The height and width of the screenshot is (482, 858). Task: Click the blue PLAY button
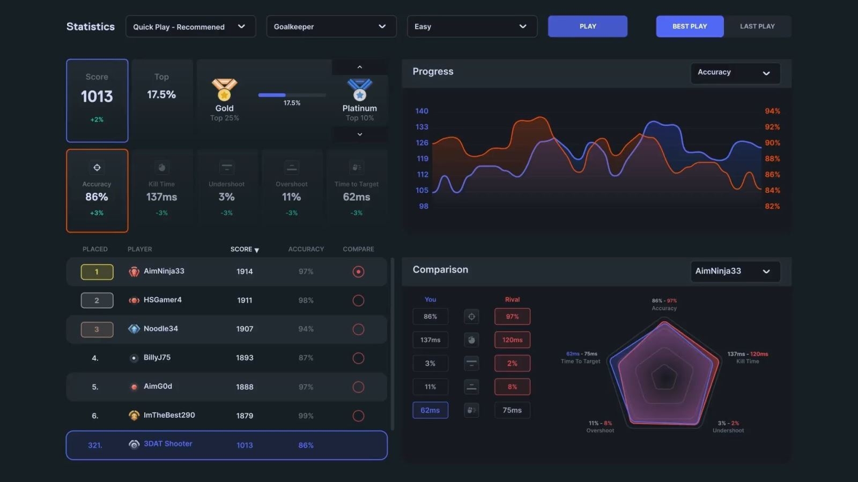coord(587,26)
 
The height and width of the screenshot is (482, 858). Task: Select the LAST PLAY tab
coord(757,26)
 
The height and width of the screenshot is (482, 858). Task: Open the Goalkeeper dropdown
coord(331,26)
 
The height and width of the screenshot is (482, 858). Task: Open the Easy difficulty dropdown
coord(472,26)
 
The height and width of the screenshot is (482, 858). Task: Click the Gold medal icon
coord(224,89)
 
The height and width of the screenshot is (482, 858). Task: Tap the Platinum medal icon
coord(359,89)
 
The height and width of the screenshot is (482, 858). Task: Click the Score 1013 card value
coord(97,96)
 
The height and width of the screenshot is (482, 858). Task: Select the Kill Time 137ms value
coord(161,197)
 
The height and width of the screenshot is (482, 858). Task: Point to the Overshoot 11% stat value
coord(291,197)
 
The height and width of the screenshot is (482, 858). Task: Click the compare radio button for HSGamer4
coord(358,300)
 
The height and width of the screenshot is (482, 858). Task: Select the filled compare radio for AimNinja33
coord(358,272)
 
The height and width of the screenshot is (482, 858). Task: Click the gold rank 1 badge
coord(97,272)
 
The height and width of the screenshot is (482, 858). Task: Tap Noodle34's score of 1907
coord(245,329)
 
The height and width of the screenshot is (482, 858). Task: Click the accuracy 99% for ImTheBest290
coord(306,416)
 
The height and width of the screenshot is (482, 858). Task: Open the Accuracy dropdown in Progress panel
coord(735,73)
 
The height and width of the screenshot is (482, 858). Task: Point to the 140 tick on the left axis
coord(422,111)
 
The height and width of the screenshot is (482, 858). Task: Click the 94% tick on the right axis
coord(772,111)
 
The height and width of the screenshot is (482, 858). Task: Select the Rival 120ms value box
coord(512,340)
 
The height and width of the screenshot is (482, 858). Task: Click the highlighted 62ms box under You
coord(430,410)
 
